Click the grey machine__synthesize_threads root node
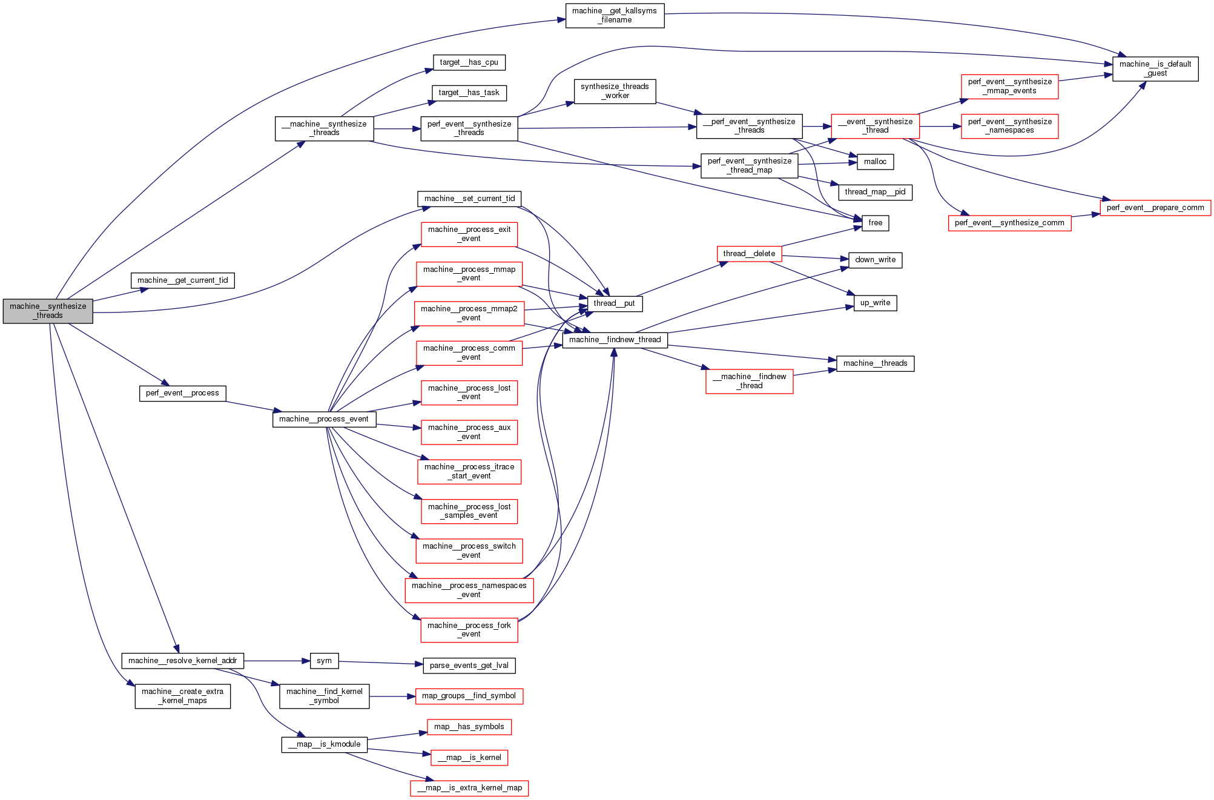click(x=48, y=311)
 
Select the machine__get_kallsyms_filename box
click(x=615, y=16)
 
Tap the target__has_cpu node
click(x=469, y=62)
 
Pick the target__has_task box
click(x=469, y=93)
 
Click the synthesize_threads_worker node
click(x=615, y=91)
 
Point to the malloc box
click(x=875, y=162)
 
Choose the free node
click(x=875, y=223)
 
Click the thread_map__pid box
click(x=875, y=192)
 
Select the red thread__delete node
click(x=749, y=254)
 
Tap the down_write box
click(x=875, y=260)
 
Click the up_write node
click(x=875, y=303)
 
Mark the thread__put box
click(x=614, y=303)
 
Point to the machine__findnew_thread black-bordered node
click(x=615, y=340)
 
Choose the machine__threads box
click(x=875, y=363)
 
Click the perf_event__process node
click(x=182, y=393)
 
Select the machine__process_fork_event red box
click(x=469, y=630)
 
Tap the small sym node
click(x=324, y=661)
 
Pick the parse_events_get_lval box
click(x=469, y=666)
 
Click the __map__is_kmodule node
click(x=324, y=744)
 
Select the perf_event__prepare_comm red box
click(x=1155, y=208)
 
